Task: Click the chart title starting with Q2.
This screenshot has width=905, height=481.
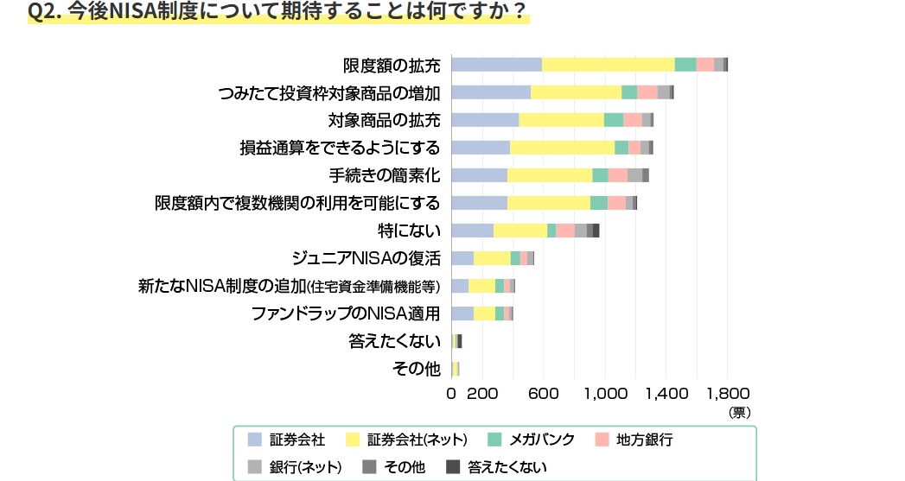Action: [x=277, y=12]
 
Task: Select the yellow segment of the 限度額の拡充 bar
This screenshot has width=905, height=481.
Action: [x=608, y=64]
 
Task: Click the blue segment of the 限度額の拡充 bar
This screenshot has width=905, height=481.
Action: [x=496, y=64]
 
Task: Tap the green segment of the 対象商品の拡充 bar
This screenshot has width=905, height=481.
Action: [x=614, y=119]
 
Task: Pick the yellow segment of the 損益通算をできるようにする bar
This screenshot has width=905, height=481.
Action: [x=562, y=147]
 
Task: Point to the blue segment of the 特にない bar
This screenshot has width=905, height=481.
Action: [x=472, y=230]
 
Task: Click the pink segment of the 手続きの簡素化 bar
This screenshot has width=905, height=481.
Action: [x=617, y=175]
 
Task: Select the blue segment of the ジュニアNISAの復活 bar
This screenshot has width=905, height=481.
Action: [x=462, y=257]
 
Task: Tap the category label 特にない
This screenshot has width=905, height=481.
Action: [x=410, y=231]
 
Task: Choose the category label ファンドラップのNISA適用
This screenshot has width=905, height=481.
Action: [x=346, y=313]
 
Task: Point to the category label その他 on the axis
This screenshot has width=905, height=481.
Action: [x=417, y=369]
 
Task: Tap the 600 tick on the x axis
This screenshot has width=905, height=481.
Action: [x=543, y=394]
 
